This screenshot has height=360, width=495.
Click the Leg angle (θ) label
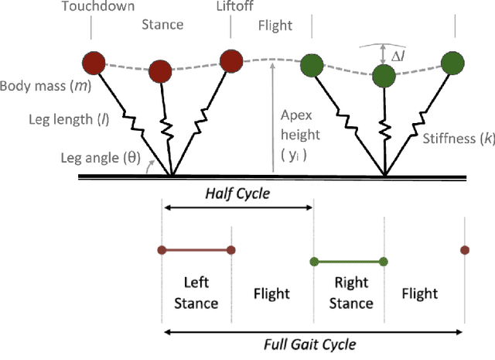(x=63, y=159)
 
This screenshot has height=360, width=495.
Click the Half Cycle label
(x=237, y=193)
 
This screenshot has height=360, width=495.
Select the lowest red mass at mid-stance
(x=161, y=71)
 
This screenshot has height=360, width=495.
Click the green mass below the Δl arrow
(x=384, y=75)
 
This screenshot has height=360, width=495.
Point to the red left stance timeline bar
(x=196, y=250)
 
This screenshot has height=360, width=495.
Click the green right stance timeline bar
(x=350, y=261)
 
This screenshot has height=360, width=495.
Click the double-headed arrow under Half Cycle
(x=237, y=207)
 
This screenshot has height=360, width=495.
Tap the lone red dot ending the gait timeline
(x=464, y=250)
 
